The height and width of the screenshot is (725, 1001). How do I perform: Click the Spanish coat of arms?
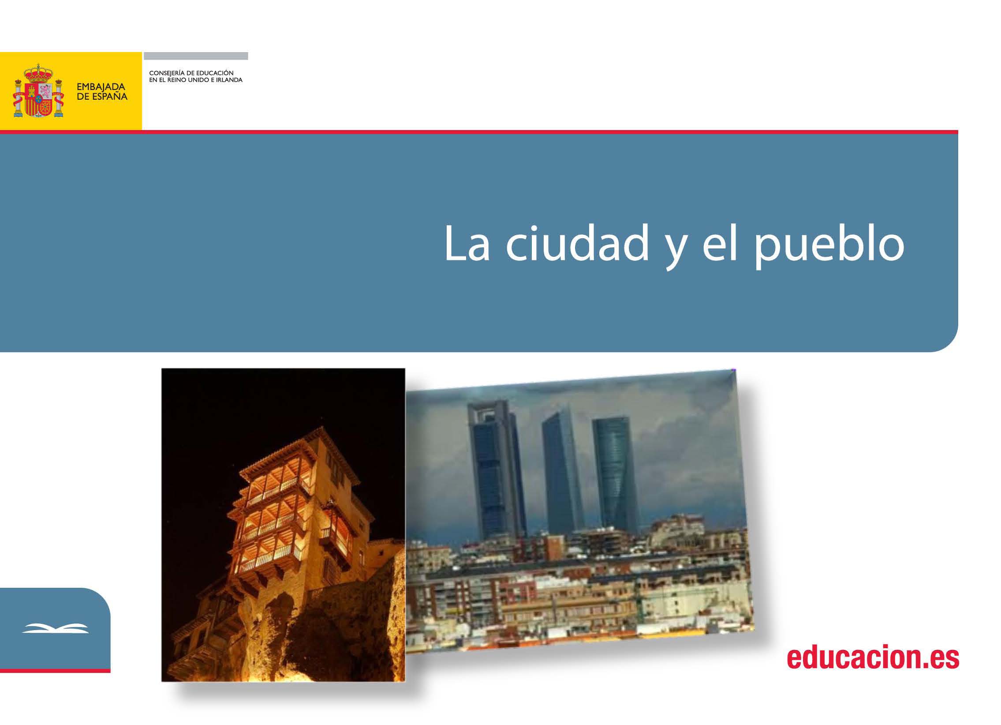[38, 91]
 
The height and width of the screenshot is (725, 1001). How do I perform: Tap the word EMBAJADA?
[101, 87]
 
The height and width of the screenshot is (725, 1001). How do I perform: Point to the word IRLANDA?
[229, 80]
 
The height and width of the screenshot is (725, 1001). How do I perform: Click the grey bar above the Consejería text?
[196, 56]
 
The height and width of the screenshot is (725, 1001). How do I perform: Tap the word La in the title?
[467, 243]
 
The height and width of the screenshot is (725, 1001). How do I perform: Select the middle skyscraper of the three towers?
[563, 473]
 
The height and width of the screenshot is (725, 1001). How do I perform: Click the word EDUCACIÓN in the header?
[215, 73]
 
